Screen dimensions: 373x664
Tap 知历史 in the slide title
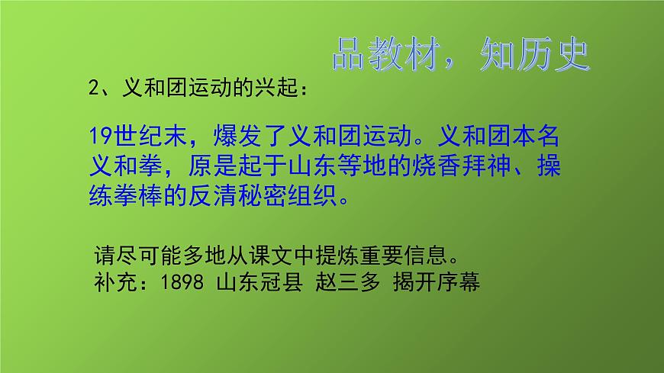tap(534, 54)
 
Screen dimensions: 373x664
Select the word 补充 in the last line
tap(112, 282)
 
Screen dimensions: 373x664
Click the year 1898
tap(182, 282)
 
